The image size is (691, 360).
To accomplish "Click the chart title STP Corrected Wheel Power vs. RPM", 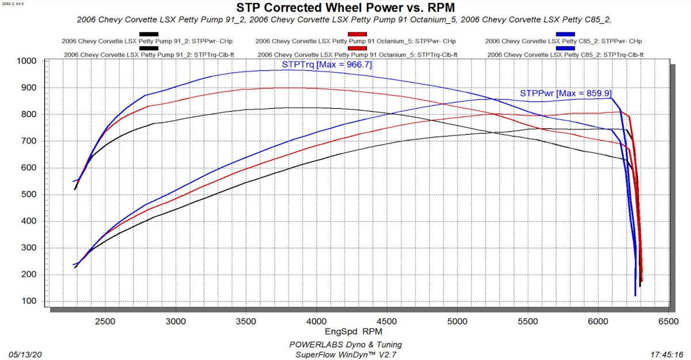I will coord(345,7).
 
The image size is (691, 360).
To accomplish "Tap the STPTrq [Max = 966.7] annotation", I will coord(326,65).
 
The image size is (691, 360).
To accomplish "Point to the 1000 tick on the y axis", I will coord(26,61).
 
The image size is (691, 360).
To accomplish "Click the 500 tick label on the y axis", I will coord(29,195).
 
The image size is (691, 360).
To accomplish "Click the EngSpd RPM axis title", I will coord(352,332).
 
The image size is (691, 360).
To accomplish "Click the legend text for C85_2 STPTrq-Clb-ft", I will coord(565,55).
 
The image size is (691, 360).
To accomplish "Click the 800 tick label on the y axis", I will coord(29,115).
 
